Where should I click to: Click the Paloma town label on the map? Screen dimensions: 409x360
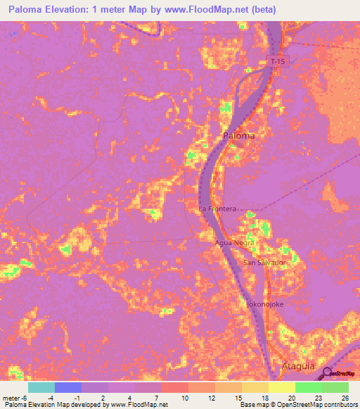[238, 136]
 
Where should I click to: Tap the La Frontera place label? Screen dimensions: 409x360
[217, 209]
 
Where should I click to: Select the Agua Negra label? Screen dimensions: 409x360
[235, 242]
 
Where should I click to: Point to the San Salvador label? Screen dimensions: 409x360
[264, 263]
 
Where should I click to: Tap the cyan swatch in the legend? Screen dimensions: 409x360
[41, 387]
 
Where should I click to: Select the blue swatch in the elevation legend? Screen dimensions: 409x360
[68, 387]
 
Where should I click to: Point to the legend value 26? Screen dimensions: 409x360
[344, 397]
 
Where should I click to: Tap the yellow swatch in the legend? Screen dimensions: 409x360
[282, 387]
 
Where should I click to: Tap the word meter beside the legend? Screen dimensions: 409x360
[11, 397]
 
